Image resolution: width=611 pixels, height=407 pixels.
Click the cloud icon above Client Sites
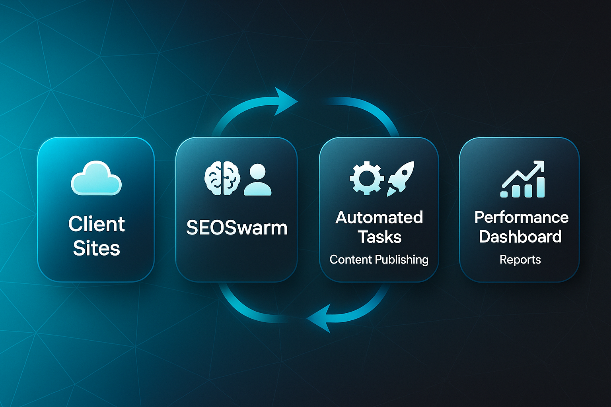tap(96, 179)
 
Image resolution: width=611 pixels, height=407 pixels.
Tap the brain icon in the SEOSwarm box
tap(222, 178)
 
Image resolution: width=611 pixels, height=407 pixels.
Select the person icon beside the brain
tap(258, 180)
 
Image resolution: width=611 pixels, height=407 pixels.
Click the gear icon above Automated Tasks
tap(366, 178)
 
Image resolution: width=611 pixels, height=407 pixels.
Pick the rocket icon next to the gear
tap(401, 178)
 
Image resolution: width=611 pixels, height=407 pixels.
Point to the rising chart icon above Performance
tap(523, 180)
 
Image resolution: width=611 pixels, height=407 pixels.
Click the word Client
tap(96, 224)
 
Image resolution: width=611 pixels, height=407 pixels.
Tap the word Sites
tap(96, 248)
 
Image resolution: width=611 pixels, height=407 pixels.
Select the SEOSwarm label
tap(237, 228)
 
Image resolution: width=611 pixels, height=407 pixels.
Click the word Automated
tap(379, 217)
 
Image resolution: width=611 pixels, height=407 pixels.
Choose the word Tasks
tap(379, 237)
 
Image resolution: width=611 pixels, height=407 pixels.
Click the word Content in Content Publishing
tap(350, 260)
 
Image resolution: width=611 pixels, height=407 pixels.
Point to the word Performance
tap(521, 217)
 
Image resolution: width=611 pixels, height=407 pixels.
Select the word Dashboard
tap(520, 237)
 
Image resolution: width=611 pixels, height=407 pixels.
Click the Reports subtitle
tap(520, 260)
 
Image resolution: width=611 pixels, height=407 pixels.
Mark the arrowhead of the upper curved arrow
tap(286, 101)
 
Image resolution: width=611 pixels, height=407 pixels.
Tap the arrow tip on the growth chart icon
tap(541, 164)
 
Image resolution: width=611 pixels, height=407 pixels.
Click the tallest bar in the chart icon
tap(540, 187)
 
